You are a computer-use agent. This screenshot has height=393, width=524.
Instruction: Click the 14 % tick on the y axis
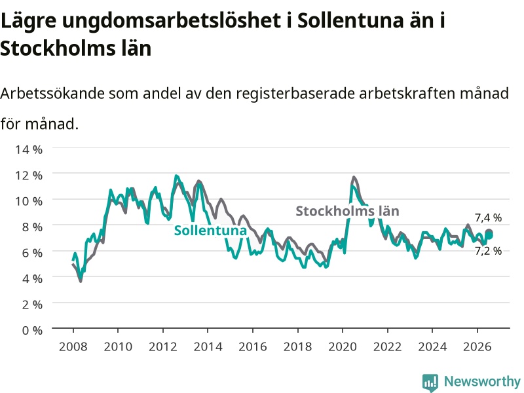(x=29, y=149)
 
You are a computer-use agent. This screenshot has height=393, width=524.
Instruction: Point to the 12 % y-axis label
(x=29, y=175)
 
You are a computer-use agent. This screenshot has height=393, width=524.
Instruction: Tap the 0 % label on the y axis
(x=32, y=330)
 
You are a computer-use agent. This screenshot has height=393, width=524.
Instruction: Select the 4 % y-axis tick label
(x=32, y=278)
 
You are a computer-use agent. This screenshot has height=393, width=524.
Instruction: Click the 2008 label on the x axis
(x=73, y=346)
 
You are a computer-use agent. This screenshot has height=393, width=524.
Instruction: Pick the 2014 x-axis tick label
(x=208, y=346)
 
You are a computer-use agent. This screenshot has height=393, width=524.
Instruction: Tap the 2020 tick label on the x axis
(x=343, y=346)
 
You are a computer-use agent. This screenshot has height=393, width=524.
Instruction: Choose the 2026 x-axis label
(x=477, y=346)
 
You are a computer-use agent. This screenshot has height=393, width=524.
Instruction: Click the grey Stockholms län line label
(x=348, y=211)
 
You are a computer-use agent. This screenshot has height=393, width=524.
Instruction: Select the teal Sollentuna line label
(x=210, y=231)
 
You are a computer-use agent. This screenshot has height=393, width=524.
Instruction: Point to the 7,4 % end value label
(x=488, y=218)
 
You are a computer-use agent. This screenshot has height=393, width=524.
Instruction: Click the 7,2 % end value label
(x=488, y=251)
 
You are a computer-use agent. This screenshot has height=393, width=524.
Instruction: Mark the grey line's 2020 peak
(x=354, y=177)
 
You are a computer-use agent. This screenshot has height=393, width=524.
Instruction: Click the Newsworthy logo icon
(x=430, y=383)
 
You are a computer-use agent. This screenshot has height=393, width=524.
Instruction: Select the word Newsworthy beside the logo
(x=482, y=381)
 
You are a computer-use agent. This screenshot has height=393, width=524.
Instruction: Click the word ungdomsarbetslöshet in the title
(x=171, y=21)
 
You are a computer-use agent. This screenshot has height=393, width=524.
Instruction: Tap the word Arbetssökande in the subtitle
(x=52, y=93)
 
